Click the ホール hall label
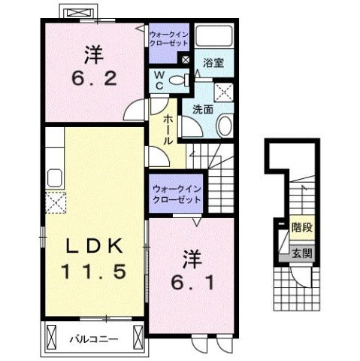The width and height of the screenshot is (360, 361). (x=165, y=129)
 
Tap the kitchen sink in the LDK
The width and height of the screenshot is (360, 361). (x=56, y=177)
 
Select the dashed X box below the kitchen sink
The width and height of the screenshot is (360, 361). (x=56, y=202)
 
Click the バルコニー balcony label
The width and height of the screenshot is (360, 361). (x=95, y=338)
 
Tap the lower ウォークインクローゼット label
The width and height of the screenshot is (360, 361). (x=176, y=195)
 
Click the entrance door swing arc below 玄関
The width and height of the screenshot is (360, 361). (x=300, y=278)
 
